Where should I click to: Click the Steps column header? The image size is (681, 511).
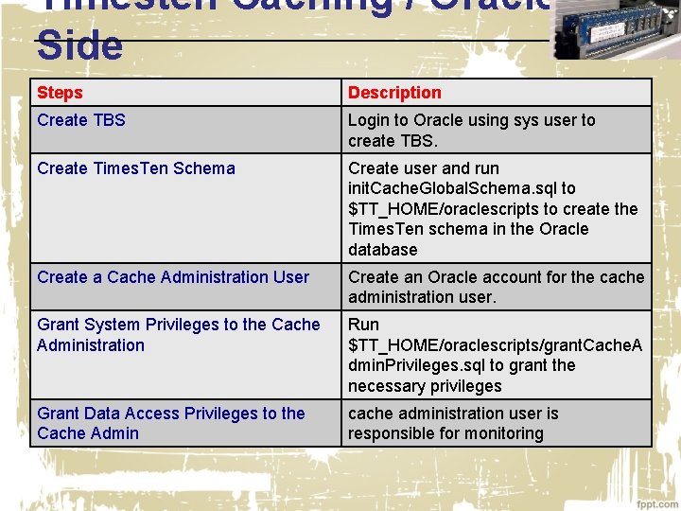[60, 93]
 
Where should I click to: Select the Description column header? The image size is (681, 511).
[394, 93]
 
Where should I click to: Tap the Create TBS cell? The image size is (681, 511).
[81, 120]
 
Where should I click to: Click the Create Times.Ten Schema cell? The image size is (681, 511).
[136, 168]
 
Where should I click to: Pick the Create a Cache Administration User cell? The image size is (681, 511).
[173, 277]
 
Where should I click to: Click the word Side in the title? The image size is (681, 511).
[79, 45]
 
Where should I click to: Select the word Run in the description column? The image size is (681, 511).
[363, 325]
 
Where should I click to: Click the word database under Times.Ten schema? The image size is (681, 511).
[382, 250]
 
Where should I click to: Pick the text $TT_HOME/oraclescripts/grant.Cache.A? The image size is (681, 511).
[495, 345]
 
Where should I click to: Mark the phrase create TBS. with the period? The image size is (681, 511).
[393, 141]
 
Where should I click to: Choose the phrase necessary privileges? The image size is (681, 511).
[425, 386]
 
